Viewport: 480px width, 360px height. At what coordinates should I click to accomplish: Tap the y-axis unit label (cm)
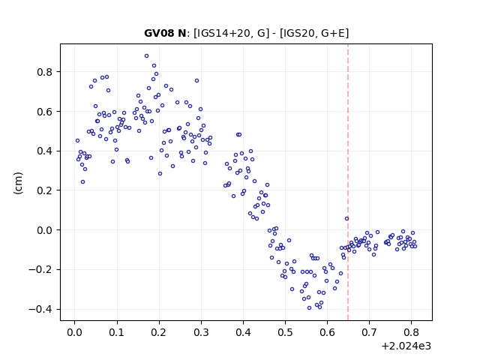point(18,183)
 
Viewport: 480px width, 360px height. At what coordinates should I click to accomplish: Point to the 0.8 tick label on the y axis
point(45,72)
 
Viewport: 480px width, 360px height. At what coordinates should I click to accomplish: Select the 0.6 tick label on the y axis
point(45,112)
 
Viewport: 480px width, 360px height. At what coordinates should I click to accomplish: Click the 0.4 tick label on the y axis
point(45,151)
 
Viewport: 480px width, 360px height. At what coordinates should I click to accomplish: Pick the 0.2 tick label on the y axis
point(45,190)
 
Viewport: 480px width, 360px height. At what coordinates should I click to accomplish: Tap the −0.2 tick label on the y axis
point(40,270)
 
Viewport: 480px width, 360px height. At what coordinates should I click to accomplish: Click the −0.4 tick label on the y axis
point(40,310)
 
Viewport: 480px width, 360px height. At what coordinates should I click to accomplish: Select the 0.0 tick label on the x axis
point(74,332)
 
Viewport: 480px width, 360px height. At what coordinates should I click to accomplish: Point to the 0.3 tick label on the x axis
point(201,332)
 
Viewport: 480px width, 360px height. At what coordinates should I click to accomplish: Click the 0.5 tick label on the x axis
point(285,332)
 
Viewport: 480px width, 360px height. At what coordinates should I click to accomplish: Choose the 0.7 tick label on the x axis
point(369,332)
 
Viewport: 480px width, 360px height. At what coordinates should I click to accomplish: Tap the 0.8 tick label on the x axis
point(412,332)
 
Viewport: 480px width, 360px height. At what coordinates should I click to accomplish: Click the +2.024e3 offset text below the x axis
point(406,346)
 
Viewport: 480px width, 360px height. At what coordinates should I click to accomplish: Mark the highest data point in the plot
point(147,56)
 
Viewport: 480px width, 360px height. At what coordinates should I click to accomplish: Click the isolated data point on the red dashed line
point(346,218)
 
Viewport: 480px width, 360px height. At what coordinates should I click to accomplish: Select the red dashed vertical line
point(348,182)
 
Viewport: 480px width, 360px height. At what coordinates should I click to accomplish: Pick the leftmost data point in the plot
point(77,141)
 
